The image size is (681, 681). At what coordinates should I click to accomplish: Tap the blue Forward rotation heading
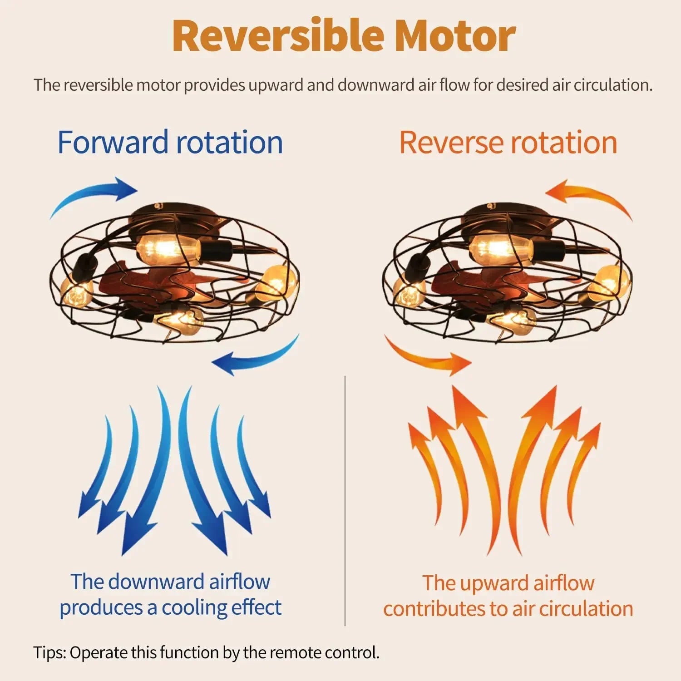[x=170, y=143]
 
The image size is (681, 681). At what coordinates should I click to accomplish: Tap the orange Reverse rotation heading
[x=508, y=143]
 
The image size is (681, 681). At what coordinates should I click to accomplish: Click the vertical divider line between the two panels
[x=345, y=499]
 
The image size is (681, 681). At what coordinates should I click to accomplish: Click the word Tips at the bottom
[x=49, y=653]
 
